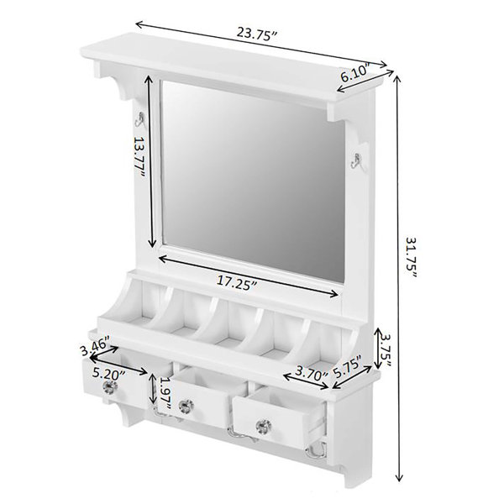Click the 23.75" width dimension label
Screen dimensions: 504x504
coord(256,34)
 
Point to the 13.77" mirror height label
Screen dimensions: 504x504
coord(139,158)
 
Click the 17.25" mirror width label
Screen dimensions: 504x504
coord(237,282)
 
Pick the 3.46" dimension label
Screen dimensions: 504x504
coord(94,345)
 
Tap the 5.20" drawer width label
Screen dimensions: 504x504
coord(108,374)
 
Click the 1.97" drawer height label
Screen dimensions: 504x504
coord(165,393)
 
